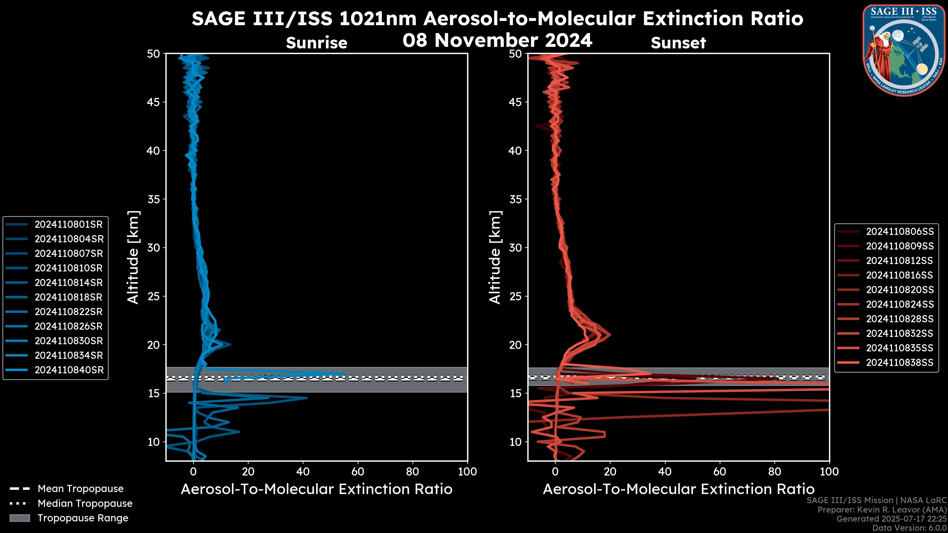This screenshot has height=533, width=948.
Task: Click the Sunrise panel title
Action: pos(316,43)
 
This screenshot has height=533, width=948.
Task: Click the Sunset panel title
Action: pos(678,43)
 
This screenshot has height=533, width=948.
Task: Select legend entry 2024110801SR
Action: pos(69,224)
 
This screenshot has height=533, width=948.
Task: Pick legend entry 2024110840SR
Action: pos(69,370)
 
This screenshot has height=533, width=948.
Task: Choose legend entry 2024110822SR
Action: pos(69,312)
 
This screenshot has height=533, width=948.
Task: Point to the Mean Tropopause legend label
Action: pos(80,489)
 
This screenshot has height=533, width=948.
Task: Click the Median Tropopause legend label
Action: pos(85,504)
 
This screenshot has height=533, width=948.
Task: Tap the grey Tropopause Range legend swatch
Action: pos(20,518)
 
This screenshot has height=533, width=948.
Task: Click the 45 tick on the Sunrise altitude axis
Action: pos(154,102)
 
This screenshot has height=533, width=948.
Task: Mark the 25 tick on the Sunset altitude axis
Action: pos(516,296)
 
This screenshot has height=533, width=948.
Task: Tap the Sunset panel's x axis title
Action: pos(678,489)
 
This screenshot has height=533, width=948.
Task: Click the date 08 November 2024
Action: pos(497,40)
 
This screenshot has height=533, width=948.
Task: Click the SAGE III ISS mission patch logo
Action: pos(904,50)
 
